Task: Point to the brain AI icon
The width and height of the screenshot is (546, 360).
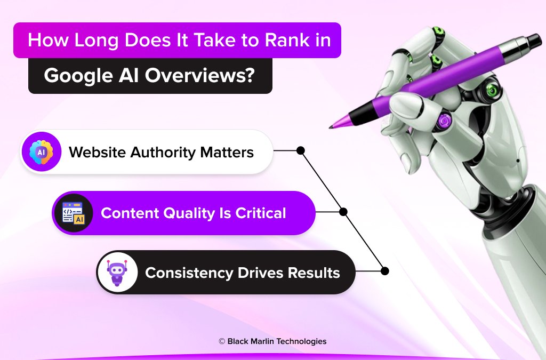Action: (41, 152)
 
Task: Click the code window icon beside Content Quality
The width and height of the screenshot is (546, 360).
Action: (73, 213)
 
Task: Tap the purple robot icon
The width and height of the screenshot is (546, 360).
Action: (117, 273)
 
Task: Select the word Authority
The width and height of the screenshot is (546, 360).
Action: (162, 153)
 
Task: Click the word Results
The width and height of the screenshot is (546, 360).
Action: (314, 273)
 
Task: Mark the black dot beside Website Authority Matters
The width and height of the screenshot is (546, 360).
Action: (300, 151)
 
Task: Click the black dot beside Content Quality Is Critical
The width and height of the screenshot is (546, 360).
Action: (343, 212)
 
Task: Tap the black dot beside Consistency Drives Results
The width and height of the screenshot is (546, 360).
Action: (385, 271)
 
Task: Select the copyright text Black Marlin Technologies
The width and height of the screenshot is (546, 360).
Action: (277, 341)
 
